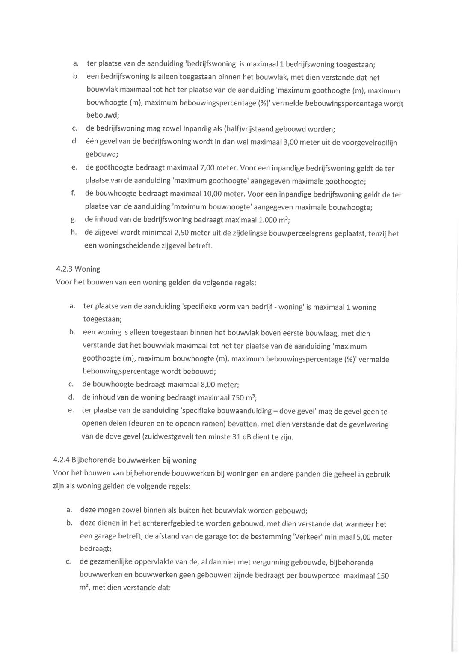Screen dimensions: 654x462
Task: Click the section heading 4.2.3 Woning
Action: point(78,269)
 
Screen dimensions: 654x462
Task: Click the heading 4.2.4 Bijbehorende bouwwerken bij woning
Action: point(124,460)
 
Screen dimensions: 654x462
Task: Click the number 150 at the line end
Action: point(382,576)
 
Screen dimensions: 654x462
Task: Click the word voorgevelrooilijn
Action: point(370,142)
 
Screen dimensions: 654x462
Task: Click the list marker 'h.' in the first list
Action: point(74,233)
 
